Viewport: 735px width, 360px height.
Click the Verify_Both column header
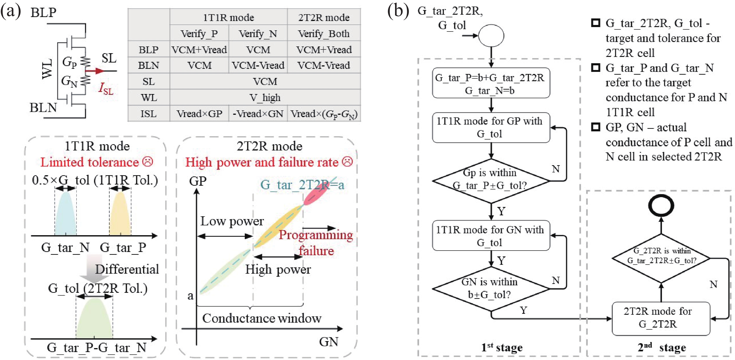(324, 34)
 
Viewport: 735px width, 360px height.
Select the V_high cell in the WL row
(265, 98)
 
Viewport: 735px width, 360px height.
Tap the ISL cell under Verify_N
(258, 114)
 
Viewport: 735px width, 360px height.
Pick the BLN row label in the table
(148, 66)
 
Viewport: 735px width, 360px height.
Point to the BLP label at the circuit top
(43, 13)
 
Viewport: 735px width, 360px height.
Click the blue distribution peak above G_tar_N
(66, 213)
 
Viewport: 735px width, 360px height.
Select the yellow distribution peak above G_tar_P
(120, 213)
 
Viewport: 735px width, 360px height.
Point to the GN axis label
(329, 342)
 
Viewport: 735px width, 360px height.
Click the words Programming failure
(316, 242)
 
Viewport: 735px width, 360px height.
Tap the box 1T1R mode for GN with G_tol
(491, 236)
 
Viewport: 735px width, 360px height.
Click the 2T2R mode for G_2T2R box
(661, 318)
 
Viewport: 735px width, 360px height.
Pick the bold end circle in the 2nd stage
(661, 205)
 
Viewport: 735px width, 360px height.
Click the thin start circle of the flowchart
(491, 36)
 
